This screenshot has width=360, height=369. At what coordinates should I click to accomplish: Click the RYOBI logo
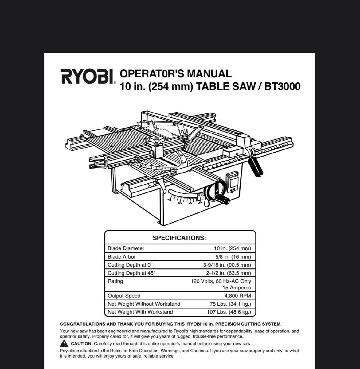click(x=88, y=76)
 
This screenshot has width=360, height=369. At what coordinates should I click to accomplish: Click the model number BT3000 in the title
click(x=282, y=86)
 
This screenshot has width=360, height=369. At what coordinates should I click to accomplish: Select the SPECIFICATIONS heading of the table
click(x=179, y=238)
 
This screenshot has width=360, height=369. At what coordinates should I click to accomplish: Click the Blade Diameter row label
click(x=126, y=248)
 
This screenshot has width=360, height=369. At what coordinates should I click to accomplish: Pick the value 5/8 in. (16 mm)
click(x=233, y=257)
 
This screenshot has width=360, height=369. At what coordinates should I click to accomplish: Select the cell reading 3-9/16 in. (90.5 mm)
click(x=227, y=265)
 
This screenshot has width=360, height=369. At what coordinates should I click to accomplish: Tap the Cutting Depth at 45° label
click(x=131, y=273)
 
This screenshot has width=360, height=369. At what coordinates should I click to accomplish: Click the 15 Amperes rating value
click(x=237, y=288)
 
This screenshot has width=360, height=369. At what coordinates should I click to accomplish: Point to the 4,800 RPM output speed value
click(x=238, y=296)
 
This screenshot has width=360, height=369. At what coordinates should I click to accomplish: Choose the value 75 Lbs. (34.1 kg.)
click(x=230, y=304)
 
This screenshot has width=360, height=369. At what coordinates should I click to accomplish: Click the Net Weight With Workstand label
click(x=140, y=312)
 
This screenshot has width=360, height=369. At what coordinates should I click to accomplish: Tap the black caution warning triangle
click(x=64, y=343)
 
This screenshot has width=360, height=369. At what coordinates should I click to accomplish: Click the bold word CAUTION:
click(x=82, y=344)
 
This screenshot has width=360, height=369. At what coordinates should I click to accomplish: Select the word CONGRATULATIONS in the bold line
click(x=83, y=324)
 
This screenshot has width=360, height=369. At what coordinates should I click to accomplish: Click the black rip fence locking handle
click(x=256, y=167)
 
